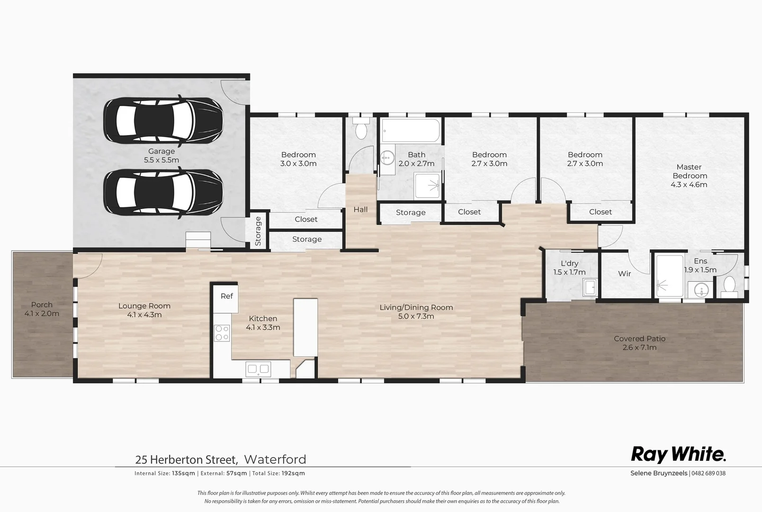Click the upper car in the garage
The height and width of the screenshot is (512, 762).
click(x=163, y=119)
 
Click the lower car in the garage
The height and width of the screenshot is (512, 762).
click(x=163, y=192)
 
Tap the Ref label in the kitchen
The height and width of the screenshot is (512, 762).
click(x=226, y=296)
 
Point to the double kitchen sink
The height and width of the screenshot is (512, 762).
click(x=258, y=368)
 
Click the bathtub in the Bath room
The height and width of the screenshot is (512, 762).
click(x=411, y=130)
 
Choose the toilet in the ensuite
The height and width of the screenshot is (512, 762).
click(x=730, y=286)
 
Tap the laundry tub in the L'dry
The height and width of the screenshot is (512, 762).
click(x=590, y=287)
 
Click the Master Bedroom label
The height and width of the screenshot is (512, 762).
click(x=689, y=171)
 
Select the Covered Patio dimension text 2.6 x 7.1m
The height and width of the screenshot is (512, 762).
click(x=639, y=347)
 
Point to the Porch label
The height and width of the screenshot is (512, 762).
click(x=42, y=305)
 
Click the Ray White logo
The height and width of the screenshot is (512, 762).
click(x=678, y=455)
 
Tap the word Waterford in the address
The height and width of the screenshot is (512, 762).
click(x=275, y=459)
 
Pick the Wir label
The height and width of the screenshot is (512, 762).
click(x=624, y=274)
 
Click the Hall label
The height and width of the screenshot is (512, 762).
click(x=360, y=210)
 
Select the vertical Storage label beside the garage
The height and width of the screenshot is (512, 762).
click(x=258, y=231)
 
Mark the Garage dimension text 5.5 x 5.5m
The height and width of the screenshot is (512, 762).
click(x=161, y=160)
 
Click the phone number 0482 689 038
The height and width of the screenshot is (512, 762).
click(x=709, y=473)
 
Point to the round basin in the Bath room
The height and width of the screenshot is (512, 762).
click(x=387, y=156)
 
